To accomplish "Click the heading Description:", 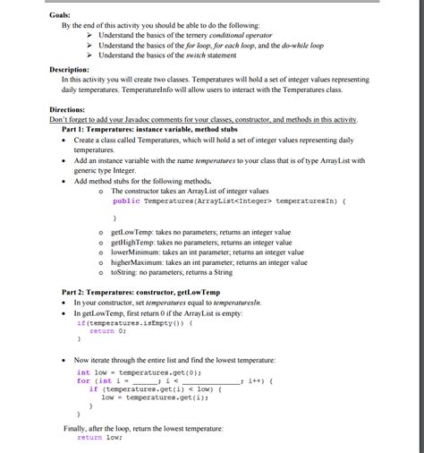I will tap(70, 69).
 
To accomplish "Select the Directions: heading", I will tap(68, 109).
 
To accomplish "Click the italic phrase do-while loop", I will tap(299, 45).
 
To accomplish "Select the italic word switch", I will tap(198, 55).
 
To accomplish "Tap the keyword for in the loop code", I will tap(82, 381).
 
